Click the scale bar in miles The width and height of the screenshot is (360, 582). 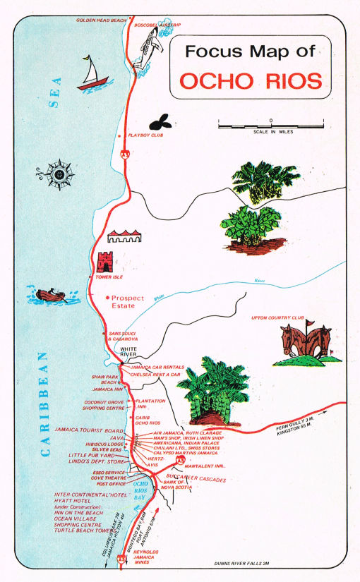tap(272, 124)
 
